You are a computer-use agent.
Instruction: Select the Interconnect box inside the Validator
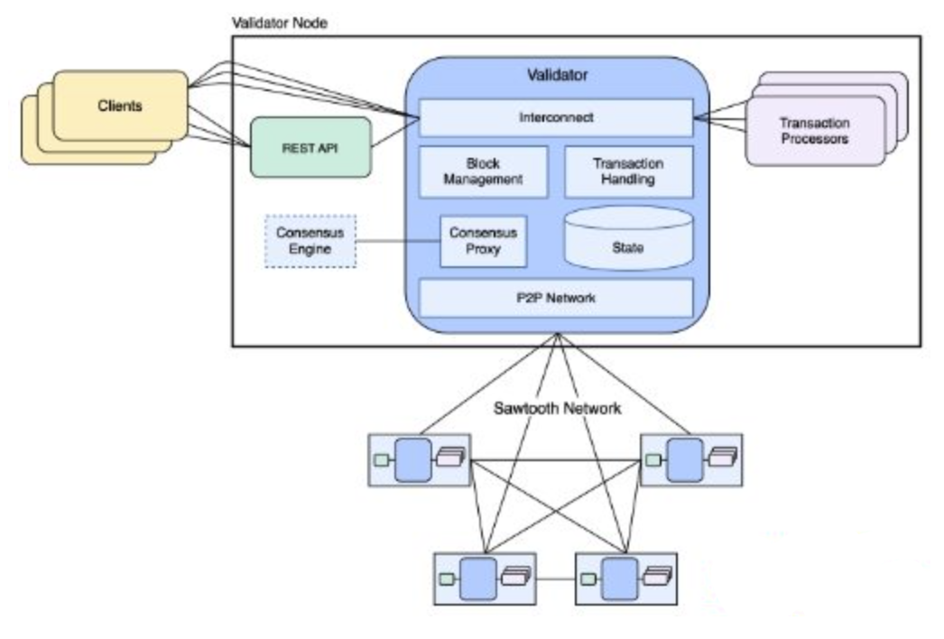555,118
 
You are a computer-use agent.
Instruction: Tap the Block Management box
483,171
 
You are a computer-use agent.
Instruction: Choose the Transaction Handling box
628,171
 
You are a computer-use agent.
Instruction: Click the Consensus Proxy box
483,240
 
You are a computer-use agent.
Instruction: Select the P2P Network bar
555,297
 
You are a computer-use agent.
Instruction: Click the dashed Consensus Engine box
310,241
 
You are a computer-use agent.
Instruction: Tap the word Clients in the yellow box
120,106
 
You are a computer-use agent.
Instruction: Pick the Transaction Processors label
814,131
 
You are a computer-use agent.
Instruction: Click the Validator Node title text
280,23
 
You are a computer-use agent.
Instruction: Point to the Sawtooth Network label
557,408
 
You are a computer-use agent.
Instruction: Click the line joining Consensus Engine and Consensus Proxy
398,241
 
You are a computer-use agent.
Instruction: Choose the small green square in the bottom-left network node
445,579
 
